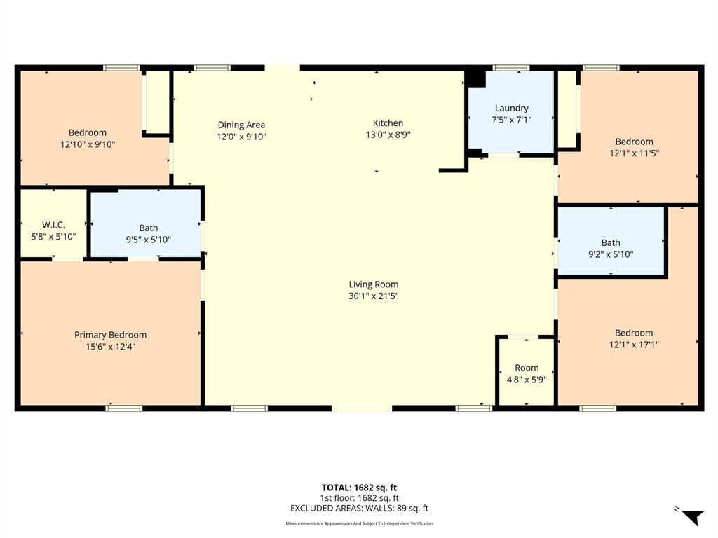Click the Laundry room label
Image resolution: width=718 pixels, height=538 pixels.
point(511,109)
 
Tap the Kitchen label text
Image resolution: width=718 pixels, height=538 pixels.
point(388,123)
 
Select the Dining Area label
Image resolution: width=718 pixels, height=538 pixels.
point(241,125)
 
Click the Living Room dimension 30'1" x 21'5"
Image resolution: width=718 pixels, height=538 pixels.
point(374,296)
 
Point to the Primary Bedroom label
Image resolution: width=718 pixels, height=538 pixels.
point(110,335)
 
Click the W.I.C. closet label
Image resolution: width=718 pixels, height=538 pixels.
point(53,225)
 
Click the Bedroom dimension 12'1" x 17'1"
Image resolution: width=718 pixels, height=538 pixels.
point(634,345)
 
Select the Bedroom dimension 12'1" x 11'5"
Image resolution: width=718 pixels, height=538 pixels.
point(634,153)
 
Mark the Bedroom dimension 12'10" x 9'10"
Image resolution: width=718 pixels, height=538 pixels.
point(88,144)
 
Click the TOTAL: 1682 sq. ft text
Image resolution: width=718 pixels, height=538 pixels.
point(359,488)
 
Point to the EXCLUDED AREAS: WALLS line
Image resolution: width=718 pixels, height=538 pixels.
point(360,509)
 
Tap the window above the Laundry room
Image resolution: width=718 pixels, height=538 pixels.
point(511,68)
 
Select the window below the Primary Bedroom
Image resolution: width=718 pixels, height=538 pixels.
point(123,408)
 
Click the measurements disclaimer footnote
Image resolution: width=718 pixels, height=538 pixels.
point(359,524)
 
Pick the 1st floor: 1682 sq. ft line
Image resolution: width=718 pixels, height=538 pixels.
point(360,498)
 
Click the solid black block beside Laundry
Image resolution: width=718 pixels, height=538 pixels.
point(476,77)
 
